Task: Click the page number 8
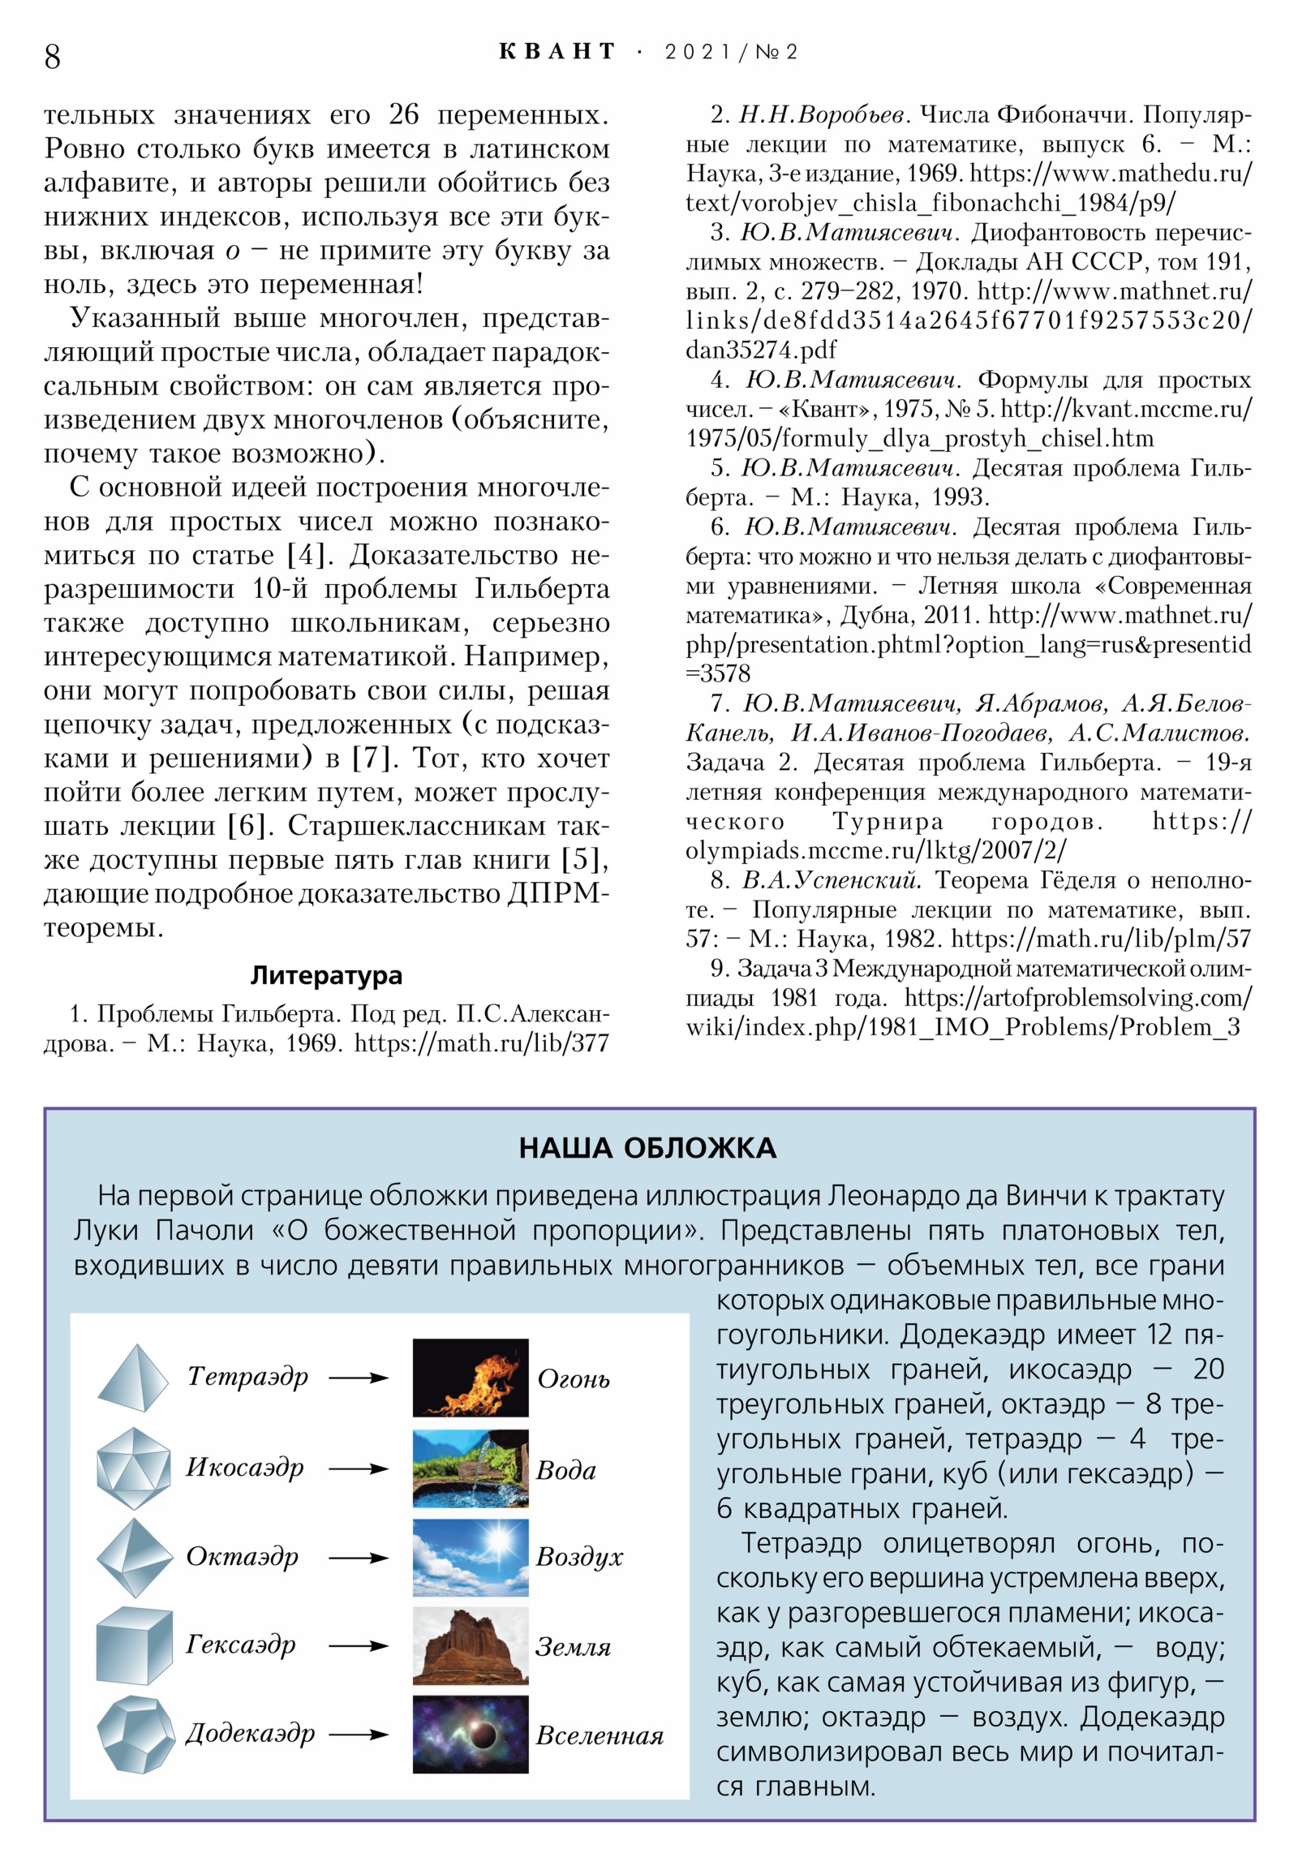point(52,56)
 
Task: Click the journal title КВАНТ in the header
point(557,52)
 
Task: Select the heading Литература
point(326,974)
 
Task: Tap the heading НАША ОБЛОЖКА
point(647,1147)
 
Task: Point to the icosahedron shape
point(133,1468)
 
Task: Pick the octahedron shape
point(133,1557)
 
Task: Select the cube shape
point(133,1646)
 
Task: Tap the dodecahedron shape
point(135,1735)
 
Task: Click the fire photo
point(470,1378)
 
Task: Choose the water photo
point(470,1468)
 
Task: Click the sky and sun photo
point(470,1557)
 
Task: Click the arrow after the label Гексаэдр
point(359,1647)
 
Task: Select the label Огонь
point(573,1379)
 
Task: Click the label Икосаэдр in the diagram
point(245,1467)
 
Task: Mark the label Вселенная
point(599,1736)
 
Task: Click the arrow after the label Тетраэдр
point(359,1378)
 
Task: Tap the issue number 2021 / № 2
point(731,52)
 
